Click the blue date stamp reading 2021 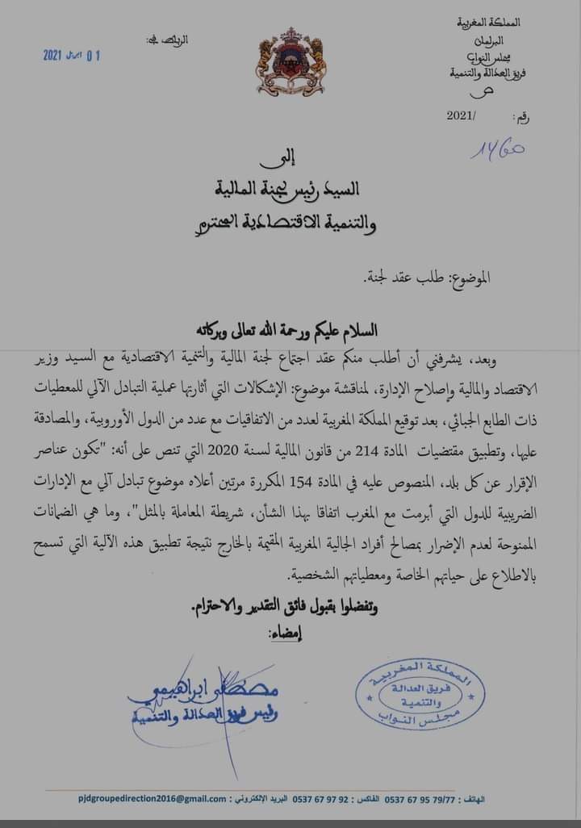(x=72, y=55)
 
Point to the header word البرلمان (x=499, y=39)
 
